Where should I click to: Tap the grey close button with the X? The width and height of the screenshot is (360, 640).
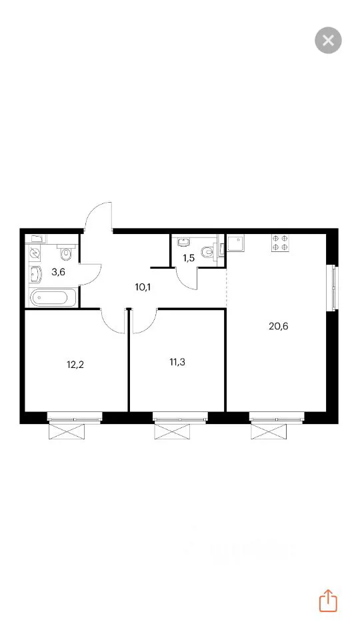coord(328,40)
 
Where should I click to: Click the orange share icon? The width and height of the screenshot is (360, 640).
coord(328,601)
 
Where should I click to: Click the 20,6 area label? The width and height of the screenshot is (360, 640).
coord(279,326)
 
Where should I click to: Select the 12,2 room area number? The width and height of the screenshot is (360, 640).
coord(75,365)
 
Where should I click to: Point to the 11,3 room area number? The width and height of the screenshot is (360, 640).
coord(177,361)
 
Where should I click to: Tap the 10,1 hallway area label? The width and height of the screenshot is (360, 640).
coord(143,287)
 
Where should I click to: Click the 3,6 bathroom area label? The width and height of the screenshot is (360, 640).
coord(59,272)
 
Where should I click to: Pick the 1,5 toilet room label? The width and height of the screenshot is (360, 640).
coord(188,257)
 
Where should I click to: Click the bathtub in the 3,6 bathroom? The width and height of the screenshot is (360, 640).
coord(53,297)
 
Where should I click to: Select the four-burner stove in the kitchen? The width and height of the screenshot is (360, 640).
coord(280,242)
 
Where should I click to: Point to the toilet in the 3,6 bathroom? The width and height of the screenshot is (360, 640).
coord(65,252)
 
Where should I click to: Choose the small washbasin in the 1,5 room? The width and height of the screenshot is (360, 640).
coord(183,243)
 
